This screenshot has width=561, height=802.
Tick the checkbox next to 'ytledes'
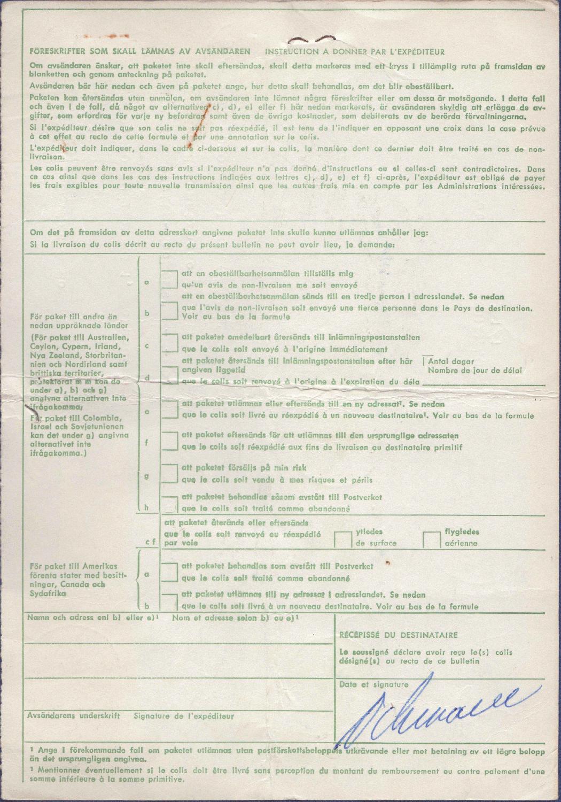[343, 539]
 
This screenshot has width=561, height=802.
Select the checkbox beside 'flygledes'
[432, 539]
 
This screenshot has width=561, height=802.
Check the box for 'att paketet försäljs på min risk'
[170, 473]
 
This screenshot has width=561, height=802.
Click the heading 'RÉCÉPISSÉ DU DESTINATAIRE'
[399, 635]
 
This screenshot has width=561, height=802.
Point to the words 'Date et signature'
[373, 684]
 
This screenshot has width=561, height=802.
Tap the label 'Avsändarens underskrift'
[74, 716]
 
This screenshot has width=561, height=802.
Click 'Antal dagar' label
[451, 361]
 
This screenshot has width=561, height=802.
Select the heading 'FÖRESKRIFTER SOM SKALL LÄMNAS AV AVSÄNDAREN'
[140, 52]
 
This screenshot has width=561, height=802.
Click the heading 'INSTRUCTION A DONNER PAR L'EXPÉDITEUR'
[355, 52]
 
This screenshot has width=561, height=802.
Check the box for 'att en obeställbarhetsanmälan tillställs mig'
[170, 279]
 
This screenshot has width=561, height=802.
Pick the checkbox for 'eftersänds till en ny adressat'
[170, 410]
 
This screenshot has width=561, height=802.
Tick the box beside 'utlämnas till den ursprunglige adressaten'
[170, 441]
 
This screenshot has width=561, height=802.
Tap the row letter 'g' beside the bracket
[147, 476]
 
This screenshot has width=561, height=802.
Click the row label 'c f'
[151, 542]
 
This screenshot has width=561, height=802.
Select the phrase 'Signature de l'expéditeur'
[184, 716]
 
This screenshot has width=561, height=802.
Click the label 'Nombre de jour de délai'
[475, 370]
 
